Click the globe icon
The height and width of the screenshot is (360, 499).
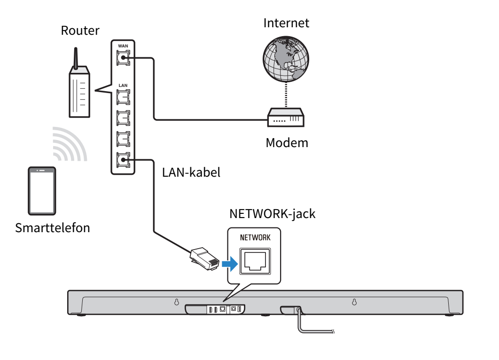coord(286,58)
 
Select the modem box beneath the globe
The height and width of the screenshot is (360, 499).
coord(286,118)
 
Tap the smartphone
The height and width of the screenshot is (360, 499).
coord(42,191)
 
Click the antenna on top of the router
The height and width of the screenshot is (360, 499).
coord(76,57)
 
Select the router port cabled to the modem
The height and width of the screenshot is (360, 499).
coord(123,58)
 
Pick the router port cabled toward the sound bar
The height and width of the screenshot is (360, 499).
coord(123,160)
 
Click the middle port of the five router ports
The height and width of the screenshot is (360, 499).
coord(123,117)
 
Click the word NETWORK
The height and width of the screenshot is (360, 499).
coord(255,237)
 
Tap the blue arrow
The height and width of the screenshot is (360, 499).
coord(229,265)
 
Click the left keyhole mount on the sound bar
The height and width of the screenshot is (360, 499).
coord(177,302)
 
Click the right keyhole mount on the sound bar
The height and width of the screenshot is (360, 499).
coord(354,302)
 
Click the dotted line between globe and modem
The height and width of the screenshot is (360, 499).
coord(286,95)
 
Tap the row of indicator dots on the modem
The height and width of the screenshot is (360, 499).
coord(280,121)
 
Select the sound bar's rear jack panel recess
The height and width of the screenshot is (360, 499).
coord(216,309)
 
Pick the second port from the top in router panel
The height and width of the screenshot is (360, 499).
coord(123,97)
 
